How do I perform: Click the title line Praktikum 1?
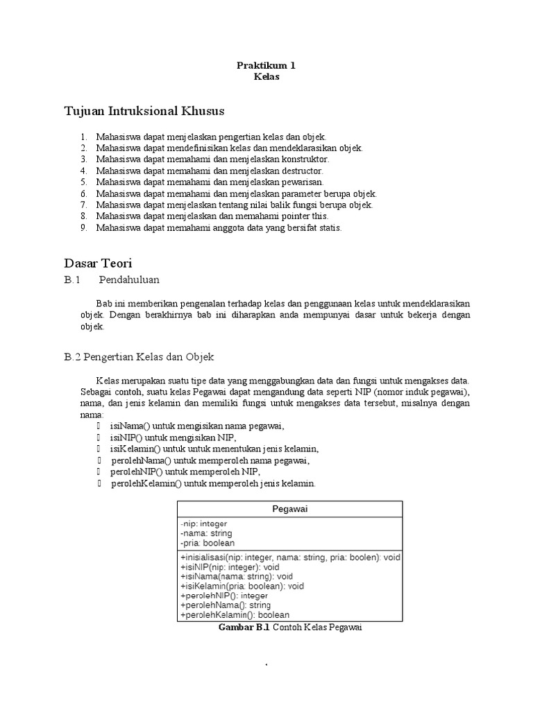(x=266, y=65)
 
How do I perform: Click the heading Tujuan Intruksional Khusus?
(x=144, y=111)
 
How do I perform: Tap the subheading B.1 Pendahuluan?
(x=112, y=279)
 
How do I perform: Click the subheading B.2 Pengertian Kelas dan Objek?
(x=139, y=356)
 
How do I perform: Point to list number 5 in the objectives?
(x=83, y=182)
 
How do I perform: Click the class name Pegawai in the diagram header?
(x=290, y=509)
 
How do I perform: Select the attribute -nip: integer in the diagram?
(x=203, y=523)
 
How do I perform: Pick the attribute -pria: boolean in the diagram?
(x=207, y=544)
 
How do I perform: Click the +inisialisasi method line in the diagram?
(x=290, y=557)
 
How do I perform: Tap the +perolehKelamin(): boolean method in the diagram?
(x=235, y=614)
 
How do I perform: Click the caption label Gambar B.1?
(x=244, y=627)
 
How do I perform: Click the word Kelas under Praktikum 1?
(x=266, y=77)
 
